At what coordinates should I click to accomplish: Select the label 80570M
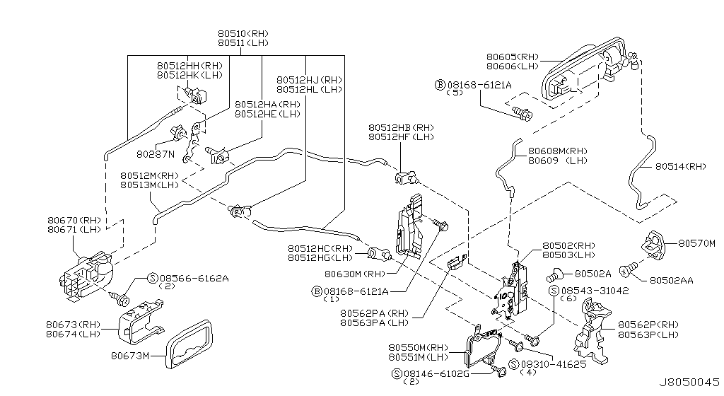pos(697,243)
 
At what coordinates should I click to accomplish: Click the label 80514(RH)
pos(680,167)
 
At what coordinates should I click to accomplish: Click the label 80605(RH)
pos(512,56)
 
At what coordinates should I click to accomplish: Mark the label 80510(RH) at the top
pos(243,33)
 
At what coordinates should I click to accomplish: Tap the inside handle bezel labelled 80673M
pos(187,345)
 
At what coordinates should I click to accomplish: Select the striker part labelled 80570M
pos(652,245)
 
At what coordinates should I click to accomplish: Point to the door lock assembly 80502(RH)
pos(513,290)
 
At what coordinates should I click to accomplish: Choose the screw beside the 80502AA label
pos(626,269)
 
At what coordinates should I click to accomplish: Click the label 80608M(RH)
pos(557,151)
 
